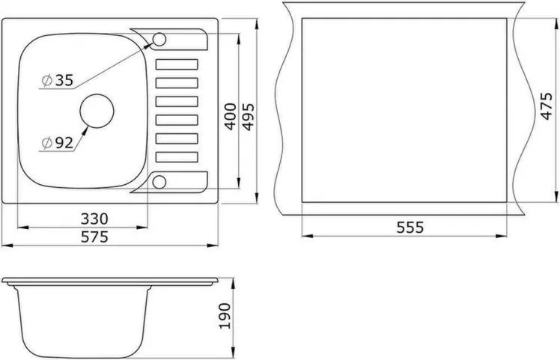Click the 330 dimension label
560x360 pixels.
(x=95, y=219)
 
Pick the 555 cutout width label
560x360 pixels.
(x=410, y=228)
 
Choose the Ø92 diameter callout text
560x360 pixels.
(x=57, y=141)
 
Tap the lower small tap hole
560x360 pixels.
(x=160, y=180)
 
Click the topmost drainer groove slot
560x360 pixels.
(x=177, y=64)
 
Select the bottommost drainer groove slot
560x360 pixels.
(x=177, y=156)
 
